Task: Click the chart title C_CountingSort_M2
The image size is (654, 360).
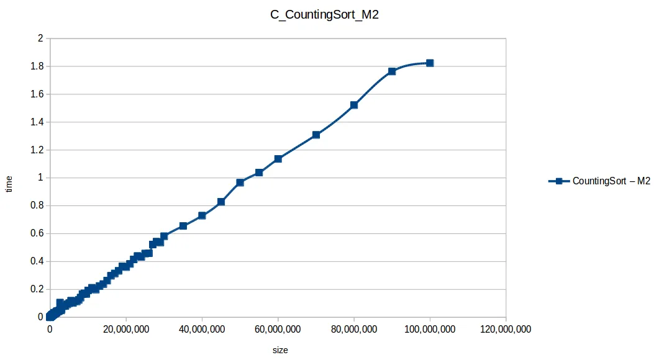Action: click(x=325, y=16)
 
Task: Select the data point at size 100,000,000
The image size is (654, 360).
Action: click(x=430, y=63)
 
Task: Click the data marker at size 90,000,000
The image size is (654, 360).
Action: click(x=392, y=71)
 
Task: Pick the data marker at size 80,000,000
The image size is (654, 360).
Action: click(x=354, y=105)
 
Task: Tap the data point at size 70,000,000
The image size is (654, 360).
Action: click(x=316, y=135)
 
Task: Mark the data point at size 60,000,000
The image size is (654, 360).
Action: click(x=278, y=159)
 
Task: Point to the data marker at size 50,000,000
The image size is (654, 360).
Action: click(x=240, y=182)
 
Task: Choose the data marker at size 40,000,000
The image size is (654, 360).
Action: click(x=202, y=215)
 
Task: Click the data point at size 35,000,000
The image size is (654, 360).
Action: click(x=183, y=226)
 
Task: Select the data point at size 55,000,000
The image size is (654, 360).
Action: click(x=259, y=173)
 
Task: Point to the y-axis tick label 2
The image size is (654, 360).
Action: click(x=40, y=38)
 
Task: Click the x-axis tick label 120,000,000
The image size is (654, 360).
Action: click(x=506, y=330)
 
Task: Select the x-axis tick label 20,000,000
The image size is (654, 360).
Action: click(x=126, y=330)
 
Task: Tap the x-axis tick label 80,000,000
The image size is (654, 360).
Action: click(x=354, y=330)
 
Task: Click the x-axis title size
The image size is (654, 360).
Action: click(x=280, y=350)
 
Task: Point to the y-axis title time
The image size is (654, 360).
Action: click(x=9, y=184)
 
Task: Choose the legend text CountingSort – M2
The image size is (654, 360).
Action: click(x=611, y=181)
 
